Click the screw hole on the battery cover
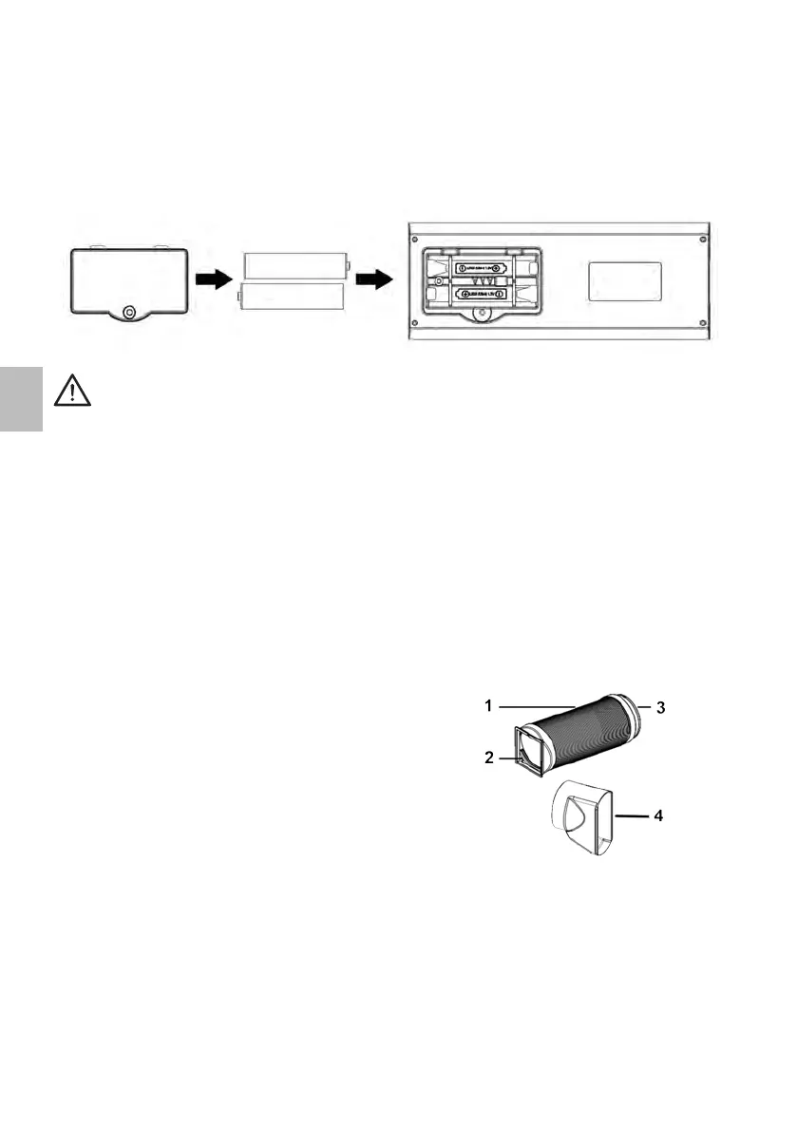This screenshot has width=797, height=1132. pyautogui.click(x=130, y=311)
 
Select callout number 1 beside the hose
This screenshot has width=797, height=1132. pyautogui.click(x=486, y=706)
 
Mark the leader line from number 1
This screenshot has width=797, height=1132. pyautogui.click(x=537, y=706)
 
